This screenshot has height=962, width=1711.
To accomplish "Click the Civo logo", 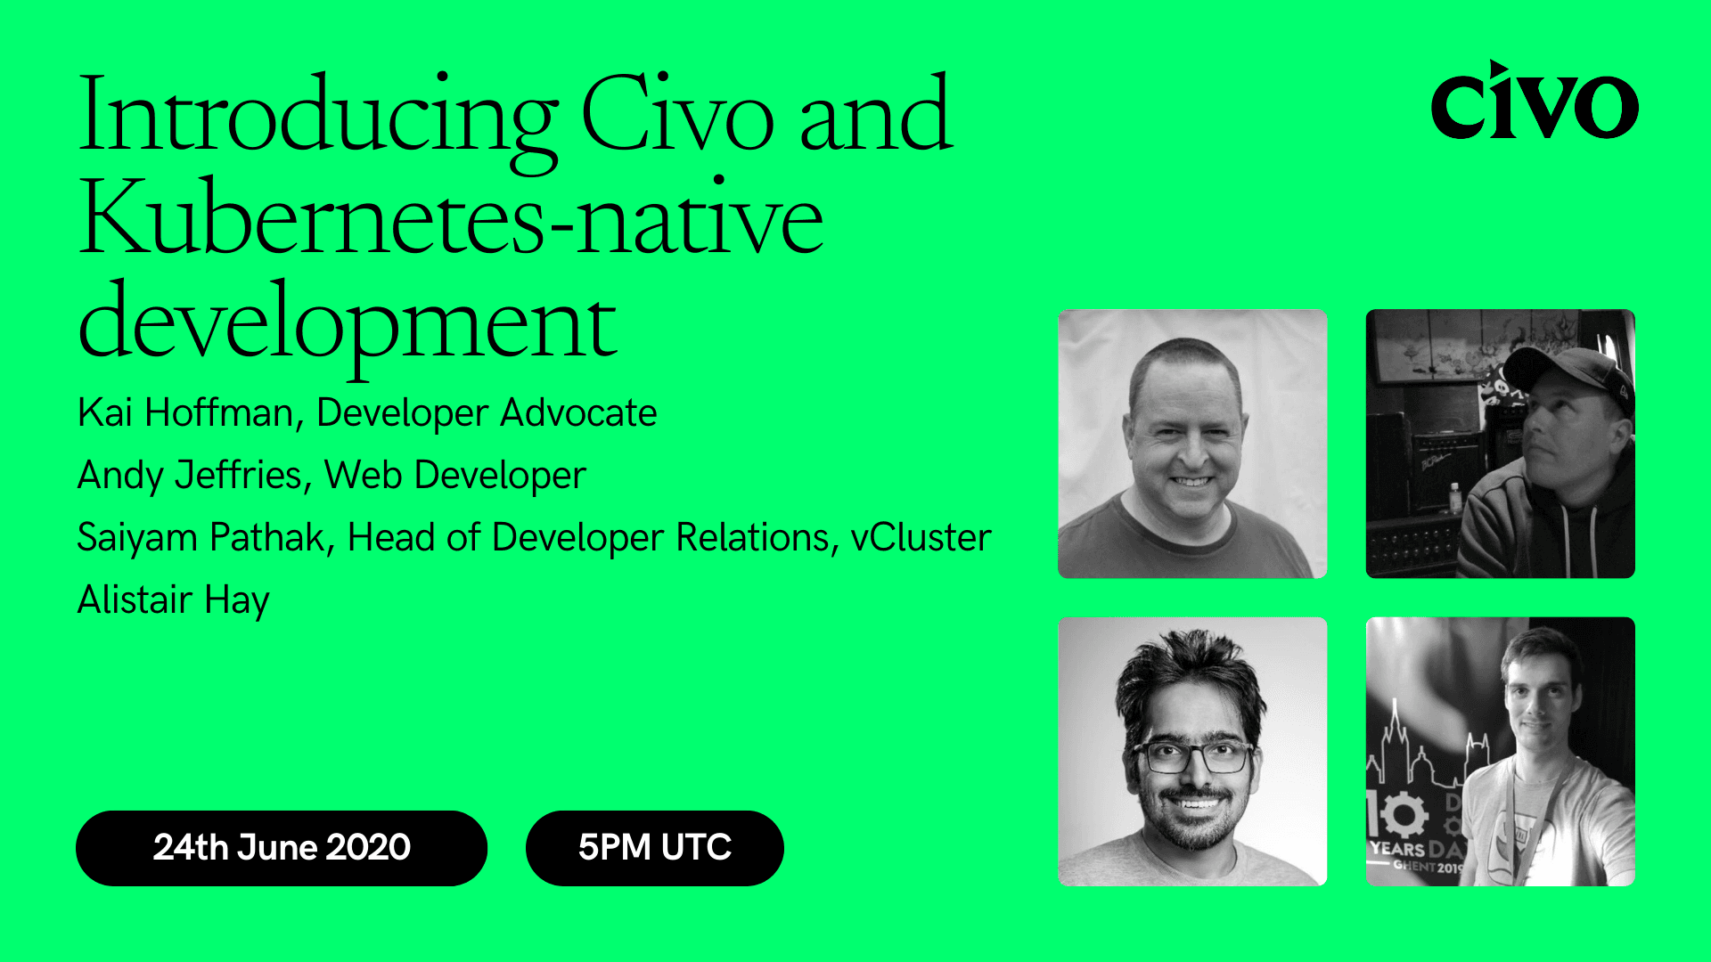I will click(x=1534, y=102).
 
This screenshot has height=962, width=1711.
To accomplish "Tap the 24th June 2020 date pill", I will click(x=282, y=847).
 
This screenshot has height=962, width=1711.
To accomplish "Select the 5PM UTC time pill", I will click(x=655, y=847).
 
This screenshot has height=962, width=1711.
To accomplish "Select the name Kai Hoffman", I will click(x=185, y=413).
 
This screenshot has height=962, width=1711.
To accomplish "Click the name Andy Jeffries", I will click(x=190, y=476).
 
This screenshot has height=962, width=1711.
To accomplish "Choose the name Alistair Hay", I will click(x=174, y=600).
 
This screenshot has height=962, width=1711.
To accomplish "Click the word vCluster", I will click(x=921, y=538).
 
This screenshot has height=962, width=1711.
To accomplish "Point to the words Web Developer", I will click(x=455, y=476).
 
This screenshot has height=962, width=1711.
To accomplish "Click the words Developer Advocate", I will click(x=487, y=413).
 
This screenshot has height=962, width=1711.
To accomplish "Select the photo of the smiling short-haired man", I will click(x=1192, y=444).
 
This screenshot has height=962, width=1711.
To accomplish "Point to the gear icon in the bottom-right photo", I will click(x=1402, y=814).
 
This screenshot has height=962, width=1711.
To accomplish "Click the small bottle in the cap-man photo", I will click(x=1454, y=497).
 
